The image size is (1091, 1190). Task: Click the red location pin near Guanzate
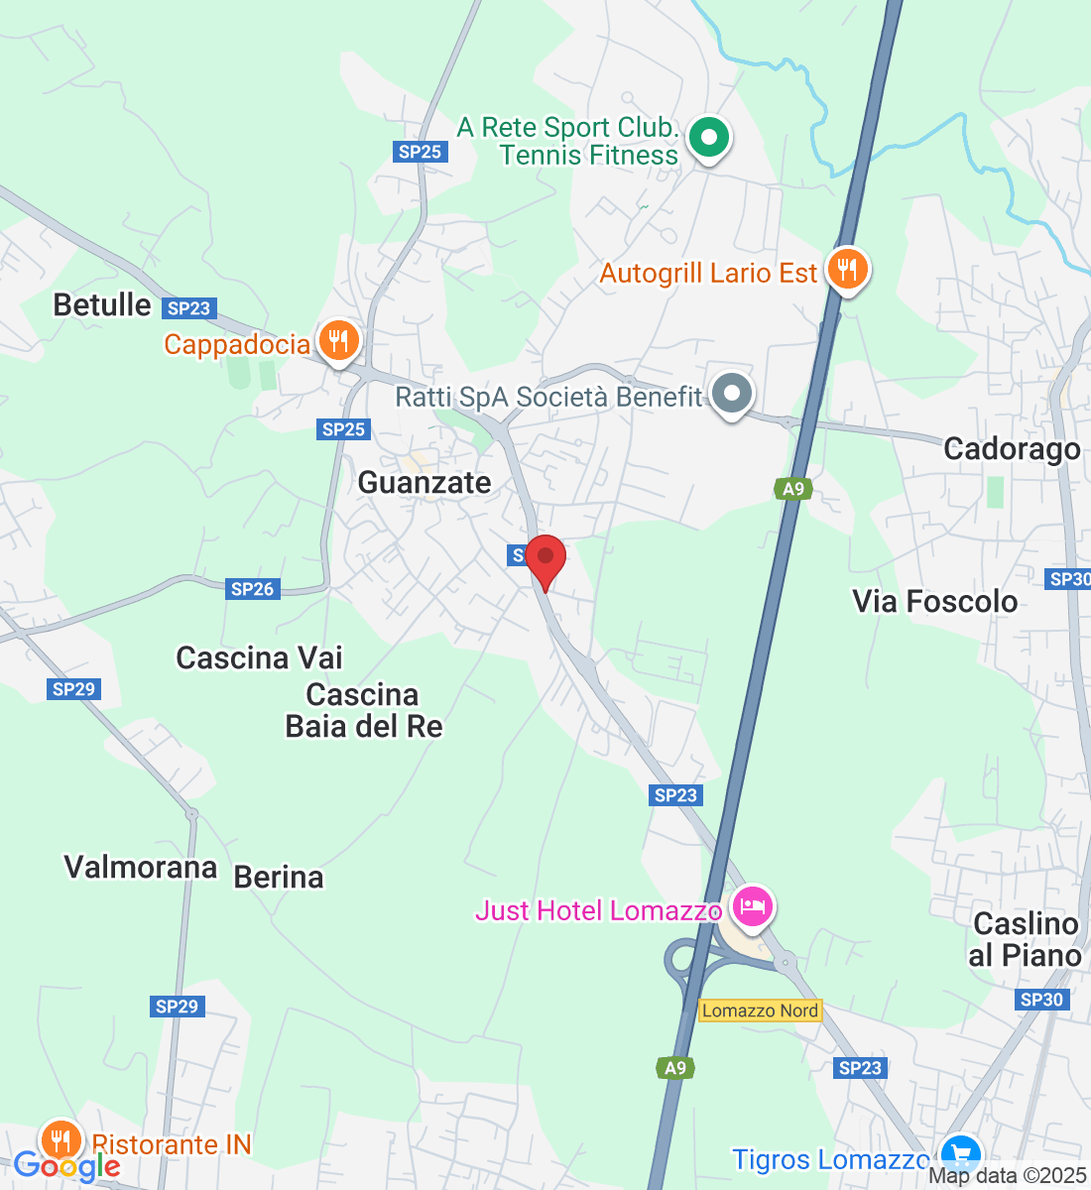click(545, 559)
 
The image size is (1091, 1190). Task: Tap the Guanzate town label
click(424, 483)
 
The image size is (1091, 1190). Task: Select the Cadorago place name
click(1012, 449)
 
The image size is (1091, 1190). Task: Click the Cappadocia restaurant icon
click(338, 342)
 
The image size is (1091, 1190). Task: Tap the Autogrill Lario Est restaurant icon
click(846, 270)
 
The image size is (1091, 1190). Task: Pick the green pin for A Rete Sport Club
click(708, 138)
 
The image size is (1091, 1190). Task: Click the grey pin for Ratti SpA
click(732, 394)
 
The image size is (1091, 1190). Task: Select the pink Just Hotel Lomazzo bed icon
click(753, 906)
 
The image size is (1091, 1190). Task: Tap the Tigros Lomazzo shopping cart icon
click(959, 1155)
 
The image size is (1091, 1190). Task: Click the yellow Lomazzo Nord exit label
click(761, 1011)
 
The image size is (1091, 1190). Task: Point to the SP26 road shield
click(252, 589)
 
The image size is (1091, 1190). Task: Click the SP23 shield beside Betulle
click(188, 308)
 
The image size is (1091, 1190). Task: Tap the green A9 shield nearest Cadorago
click(792, 489)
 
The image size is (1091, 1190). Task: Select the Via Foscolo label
click(934, 602)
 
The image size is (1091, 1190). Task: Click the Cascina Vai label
click(259, 658)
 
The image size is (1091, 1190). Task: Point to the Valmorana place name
click(140, 868)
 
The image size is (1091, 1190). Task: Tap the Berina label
click(279, 878)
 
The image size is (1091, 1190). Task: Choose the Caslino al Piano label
click(1026, 939)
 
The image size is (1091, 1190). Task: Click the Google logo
click(66, 1167)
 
